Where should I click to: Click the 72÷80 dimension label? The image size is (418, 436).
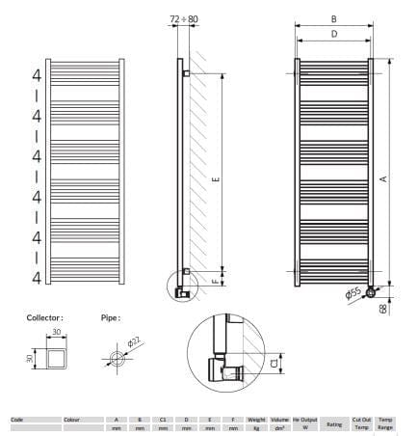coord(183,19)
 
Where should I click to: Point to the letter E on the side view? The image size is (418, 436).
coord(216,178)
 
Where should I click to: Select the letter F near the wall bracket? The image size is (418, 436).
coord(216,283)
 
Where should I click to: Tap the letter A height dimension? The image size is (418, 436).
coord(382,178)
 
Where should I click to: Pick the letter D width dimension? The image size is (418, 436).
coord(333,34)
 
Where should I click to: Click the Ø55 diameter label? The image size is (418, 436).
coord(353,292)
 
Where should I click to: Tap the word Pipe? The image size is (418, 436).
coord(110,316)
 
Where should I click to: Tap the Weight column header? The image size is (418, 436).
coord(256,421)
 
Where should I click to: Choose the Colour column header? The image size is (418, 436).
coord(72,421)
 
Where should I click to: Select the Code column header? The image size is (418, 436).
coord(17,421)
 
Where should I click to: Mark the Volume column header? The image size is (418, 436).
coord(279,421)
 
